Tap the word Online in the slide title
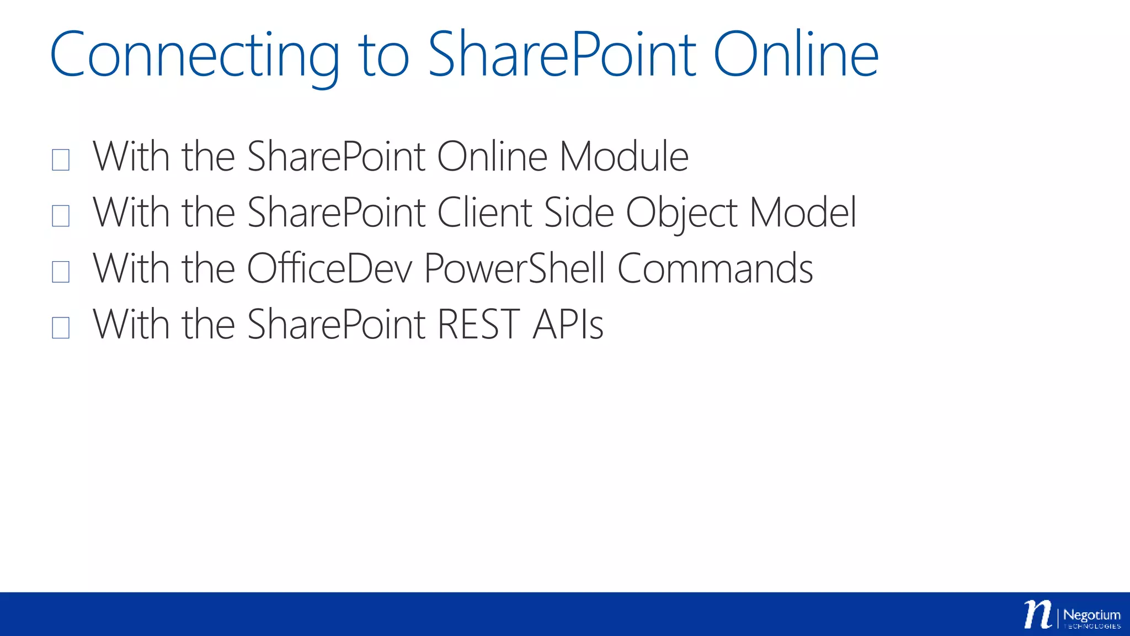coord(796,55)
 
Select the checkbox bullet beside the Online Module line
coord(61,160)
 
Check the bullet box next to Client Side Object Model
coord(61,215)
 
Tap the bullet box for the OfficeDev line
coord(61,272)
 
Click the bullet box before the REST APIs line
coord(61,327)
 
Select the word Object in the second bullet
coord(681,213)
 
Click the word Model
coord(803,213)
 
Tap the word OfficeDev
coord(329,269)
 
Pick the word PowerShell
coord(514,269)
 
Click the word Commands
coord(715,269)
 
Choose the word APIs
coord(568,325)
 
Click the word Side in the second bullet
coord(578,213)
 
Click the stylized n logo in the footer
coord(1038,614)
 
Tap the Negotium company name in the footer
coord(1091,615)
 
